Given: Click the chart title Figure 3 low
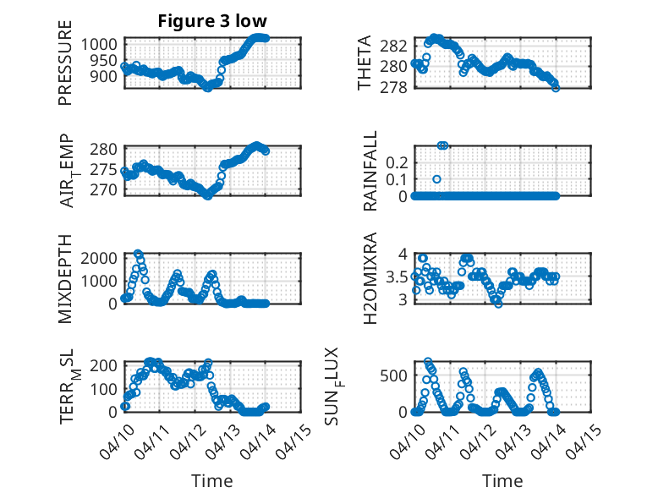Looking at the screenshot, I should point(212,22).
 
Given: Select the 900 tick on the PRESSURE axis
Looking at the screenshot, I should point(107,76).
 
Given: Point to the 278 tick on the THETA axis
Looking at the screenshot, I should point(398,87).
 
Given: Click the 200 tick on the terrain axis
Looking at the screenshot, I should point(107,365).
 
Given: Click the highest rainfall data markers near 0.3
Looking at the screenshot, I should point(442,146).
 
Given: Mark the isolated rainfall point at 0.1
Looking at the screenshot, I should point(436,179).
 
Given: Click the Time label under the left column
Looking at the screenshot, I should point(212,480).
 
